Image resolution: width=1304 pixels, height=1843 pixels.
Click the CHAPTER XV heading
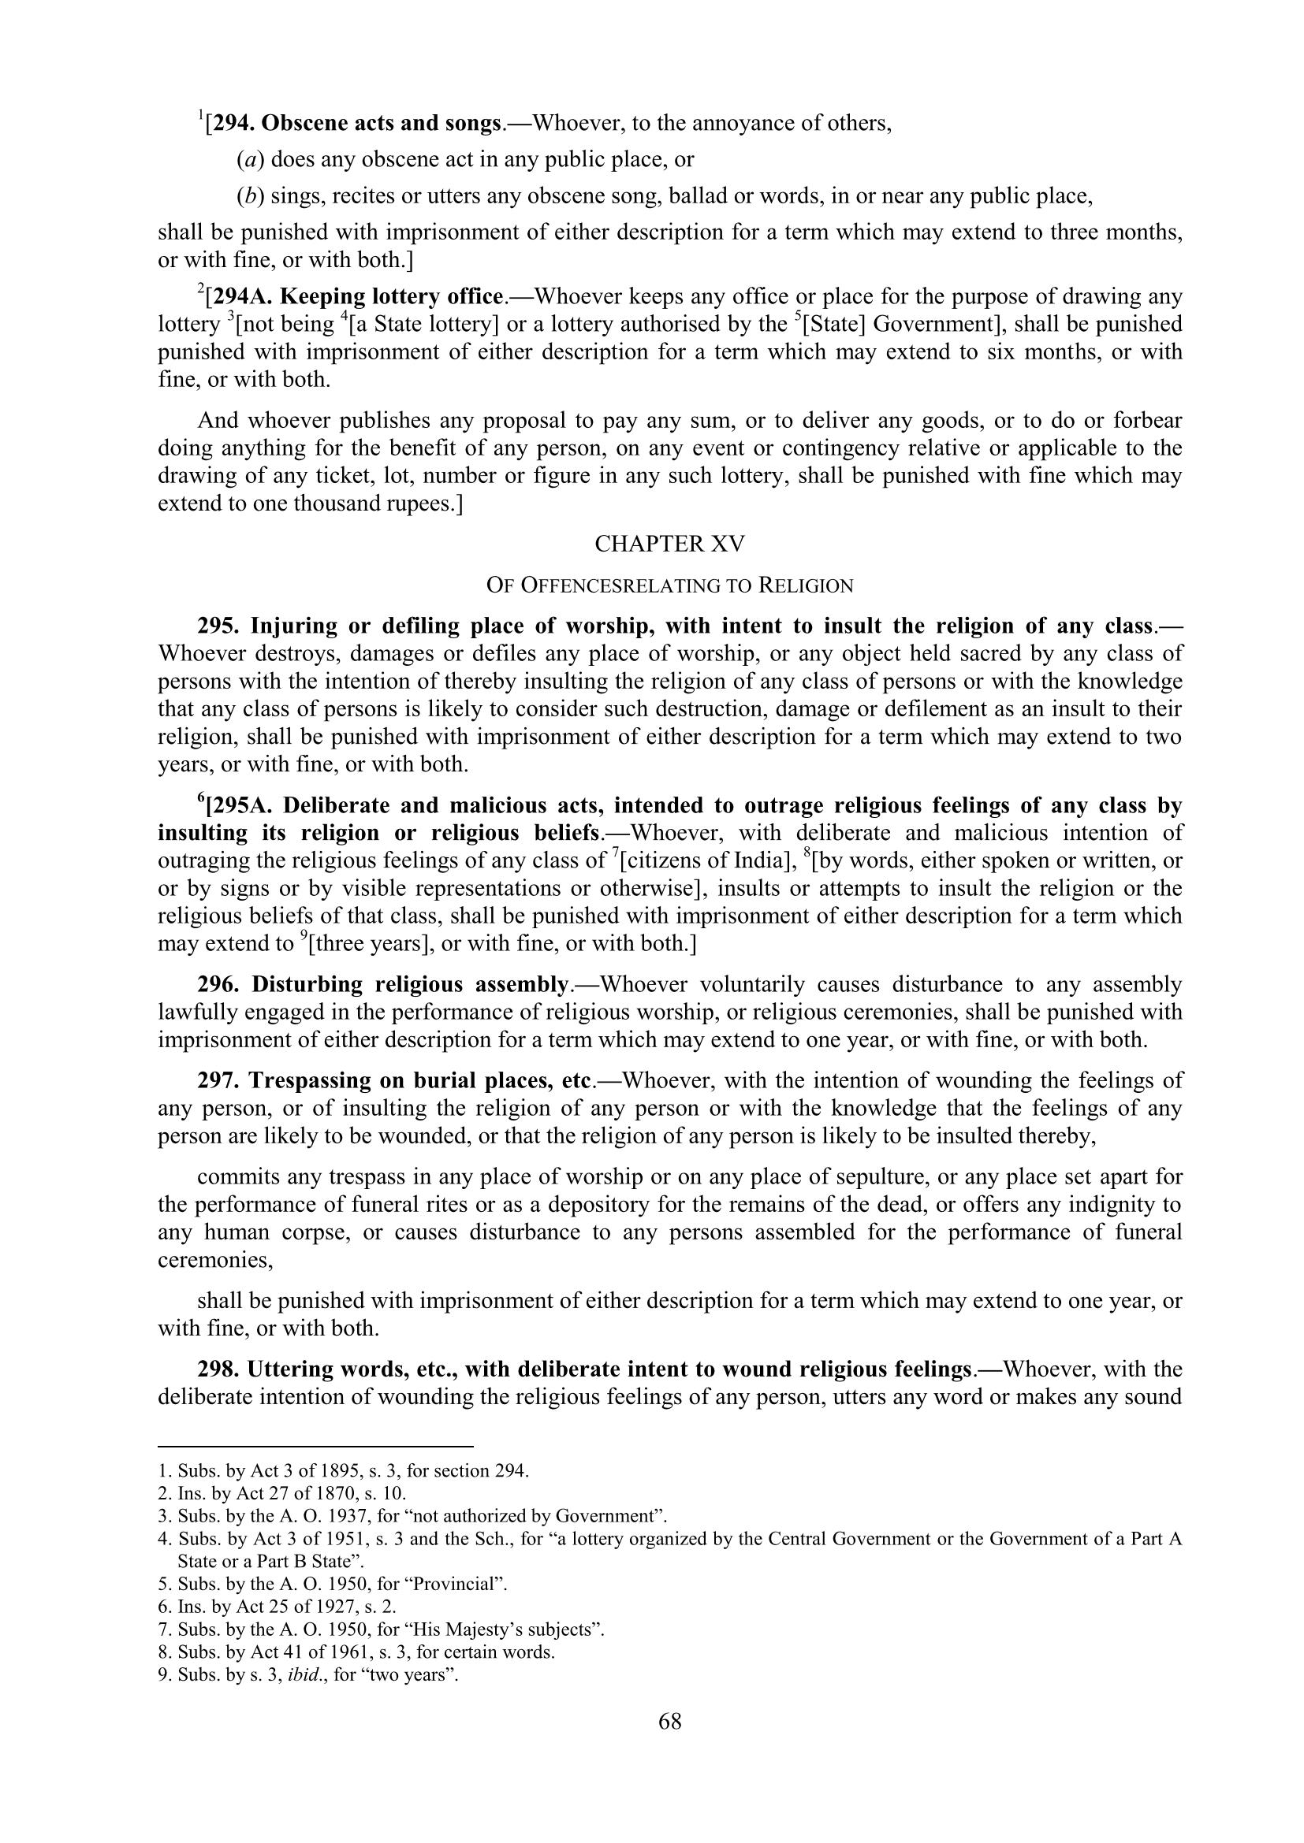(669, 544)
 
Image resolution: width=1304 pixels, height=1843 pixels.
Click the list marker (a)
(251, 160)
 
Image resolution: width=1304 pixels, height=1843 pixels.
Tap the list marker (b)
(251, 196)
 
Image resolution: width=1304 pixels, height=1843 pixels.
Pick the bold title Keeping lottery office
(390, 297)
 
